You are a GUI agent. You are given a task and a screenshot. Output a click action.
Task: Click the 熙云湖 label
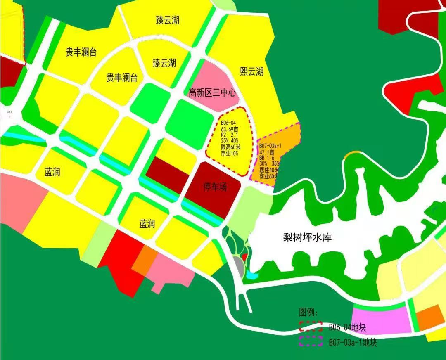[x=251, y=72]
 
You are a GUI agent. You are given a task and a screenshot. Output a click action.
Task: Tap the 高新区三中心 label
[x=212, y=93]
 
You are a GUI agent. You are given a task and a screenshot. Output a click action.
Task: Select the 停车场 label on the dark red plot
[x=215, y=187]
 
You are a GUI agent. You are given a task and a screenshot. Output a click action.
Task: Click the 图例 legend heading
[x=309, y=312]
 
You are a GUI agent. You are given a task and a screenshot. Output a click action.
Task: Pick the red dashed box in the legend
[x=311, y=326]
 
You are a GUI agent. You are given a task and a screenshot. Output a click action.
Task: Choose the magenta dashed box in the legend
[x=311, y=340]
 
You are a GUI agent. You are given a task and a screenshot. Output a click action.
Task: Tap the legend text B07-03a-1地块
[x=353, y=342]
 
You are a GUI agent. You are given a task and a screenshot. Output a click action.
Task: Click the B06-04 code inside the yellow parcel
[x=228, y=123]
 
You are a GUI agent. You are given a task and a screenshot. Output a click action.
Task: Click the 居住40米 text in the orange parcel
[x=269, y=170]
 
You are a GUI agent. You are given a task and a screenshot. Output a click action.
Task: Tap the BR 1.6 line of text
[x=268, y=158]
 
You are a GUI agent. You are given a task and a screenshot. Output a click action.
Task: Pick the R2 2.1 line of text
[x=229, y=135]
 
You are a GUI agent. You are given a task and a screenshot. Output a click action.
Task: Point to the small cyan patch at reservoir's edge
[x=252, y=274]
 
